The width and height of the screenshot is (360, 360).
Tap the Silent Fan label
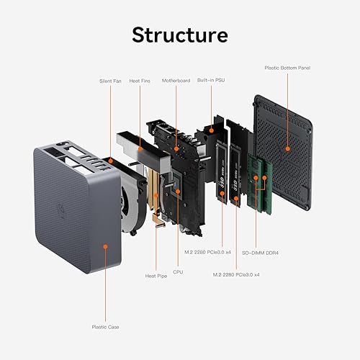(111, 81)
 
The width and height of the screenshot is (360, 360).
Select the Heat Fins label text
(140, 81)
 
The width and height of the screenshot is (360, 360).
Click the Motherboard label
(176, 81)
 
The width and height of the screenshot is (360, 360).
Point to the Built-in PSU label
(210, 81)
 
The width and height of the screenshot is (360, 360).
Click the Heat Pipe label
(156, 276)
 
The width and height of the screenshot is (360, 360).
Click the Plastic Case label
(105, 326)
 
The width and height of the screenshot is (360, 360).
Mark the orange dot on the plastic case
(105, 247)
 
